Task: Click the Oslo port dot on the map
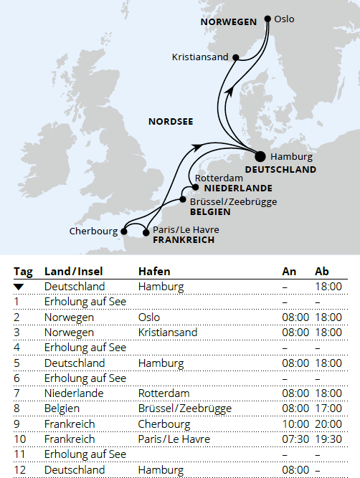268,19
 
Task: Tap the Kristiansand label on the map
200,57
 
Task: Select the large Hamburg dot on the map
260,156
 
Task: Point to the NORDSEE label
171,121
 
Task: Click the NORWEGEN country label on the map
228,21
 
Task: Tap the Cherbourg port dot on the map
124,231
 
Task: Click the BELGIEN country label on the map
210,212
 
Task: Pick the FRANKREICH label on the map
184,240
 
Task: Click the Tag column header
23,272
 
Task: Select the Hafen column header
154,272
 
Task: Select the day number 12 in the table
19,469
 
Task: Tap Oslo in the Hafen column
149,317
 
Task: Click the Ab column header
323,272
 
